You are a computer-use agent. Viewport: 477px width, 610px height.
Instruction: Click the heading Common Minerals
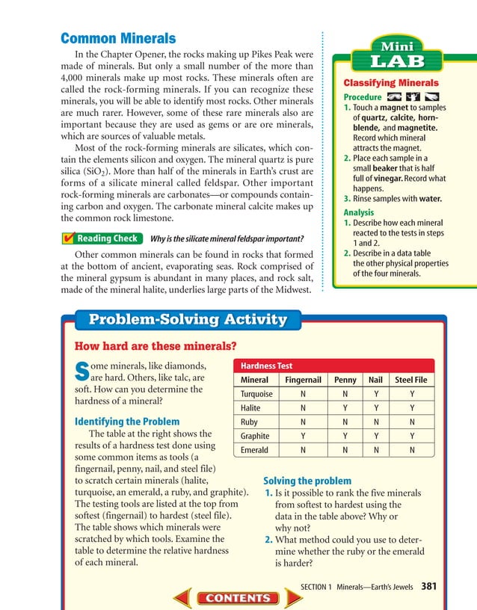(x=117, y=38)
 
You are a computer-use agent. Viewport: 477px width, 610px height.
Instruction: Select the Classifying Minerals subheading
(x=390, y=83)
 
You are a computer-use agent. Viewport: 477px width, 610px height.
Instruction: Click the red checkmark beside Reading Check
(x=68, y=238)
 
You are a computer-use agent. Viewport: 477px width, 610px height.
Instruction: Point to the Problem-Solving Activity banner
(x=188, y=319)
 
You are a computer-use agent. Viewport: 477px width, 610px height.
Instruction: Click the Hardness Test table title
(x=267, y=366)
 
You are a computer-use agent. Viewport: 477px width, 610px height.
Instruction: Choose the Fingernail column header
(x=303, y=380)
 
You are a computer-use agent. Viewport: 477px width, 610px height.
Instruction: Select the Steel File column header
(x=411, y=380)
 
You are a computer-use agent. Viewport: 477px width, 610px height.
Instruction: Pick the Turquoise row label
(x=256, y=394)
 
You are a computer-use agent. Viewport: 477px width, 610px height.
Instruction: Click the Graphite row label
(x=255, y=436)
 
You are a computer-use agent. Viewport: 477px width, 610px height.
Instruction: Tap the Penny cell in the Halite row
(x=345, y=408)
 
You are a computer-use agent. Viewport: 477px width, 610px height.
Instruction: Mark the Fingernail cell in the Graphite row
(x=303, y=436)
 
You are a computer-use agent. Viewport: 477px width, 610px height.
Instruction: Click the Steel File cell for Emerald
(x=411, y=450)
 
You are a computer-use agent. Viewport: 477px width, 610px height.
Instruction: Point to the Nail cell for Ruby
(x=375, y=422)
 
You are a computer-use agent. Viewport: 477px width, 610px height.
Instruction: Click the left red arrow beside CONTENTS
(x=184, y=597)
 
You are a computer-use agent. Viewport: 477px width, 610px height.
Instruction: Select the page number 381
(x=428, y=586)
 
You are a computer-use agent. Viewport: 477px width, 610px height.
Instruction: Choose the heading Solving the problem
(x=307, y=481)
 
